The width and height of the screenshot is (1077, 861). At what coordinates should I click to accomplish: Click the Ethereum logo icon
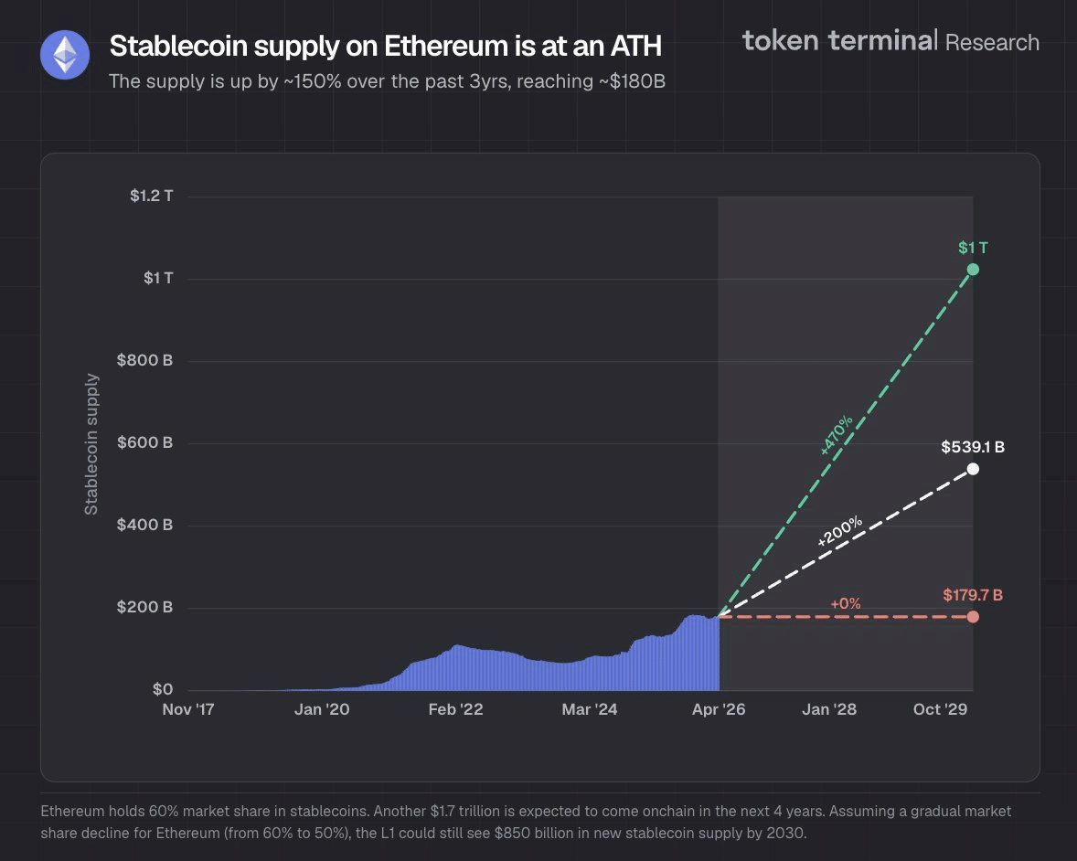click(65, 55)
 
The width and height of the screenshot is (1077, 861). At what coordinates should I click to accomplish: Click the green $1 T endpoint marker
click(973, 270)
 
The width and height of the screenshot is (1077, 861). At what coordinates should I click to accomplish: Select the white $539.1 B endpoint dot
click(973, 469)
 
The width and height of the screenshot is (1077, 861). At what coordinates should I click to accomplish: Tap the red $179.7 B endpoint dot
click(973, 617)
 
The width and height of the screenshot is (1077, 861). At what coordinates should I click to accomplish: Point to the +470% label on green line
click(837, 435)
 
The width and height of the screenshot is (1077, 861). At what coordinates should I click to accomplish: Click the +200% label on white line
click(839, 532)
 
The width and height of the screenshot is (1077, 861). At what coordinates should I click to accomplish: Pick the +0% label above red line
click(846, 604)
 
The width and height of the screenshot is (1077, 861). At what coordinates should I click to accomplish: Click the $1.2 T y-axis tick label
click(151, 196)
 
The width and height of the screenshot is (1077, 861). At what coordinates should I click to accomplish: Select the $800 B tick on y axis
click(144, 360)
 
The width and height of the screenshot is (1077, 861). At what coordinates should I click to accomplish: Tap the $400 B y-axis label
click(144, 525)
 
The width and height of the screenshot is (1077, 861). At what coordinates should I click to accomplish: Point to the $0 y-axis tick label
click(161, 689)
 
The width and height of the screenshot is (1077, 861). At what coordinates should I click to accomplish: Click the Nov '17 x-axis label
click(187, 709)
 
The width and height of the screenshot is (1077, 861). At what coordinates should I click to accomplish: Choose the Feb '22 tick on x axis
click(455, 709)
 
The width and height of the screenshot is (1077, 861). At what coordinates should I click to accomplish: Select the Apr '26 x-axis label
click(719, 709)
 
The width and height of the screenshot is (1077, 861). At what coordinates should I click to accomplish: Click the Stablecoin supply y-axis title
click(91, 443)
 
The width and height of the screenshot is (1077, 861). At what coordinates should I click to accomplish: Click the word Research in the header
click(992, 42)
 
